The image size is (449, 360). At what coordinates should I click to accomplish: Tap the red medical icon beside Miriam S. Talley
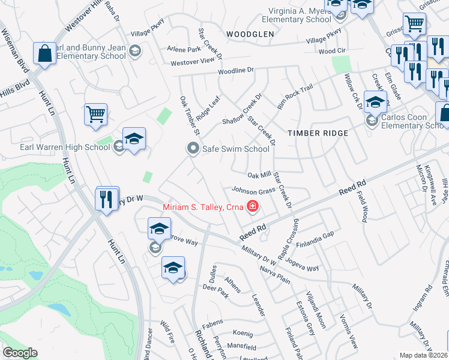point(253,208)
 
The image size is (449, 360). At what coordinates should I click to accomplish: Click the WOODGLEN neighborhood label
point(252,35)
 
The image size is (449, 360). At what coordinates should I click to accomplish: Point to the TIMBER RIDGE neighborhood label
point(318,133)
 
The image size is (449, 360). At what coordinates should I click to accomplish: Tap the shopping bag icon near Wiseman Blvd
point(44,53)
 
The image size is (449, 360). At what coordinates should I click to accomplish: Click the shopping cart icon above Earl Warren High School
point(95,114)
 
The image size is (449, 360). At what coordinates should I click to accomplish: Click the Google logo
point(20,353)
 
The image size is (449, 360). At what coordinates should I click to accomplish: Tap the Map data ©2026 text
point(424,355)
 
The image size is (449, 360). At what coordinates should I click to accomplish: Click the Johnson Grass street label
point(253,191)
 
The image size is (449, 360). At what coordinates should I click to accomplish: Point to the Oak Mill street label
point(260,175)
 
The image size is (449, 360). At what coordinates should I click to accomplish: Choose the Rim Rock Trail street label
point(295,95)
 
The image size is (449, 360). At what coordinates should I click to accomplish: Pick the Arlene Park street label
point(184,49)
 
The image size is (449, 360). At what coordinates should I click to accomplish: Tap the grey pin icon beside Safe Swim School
point(193,148)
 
